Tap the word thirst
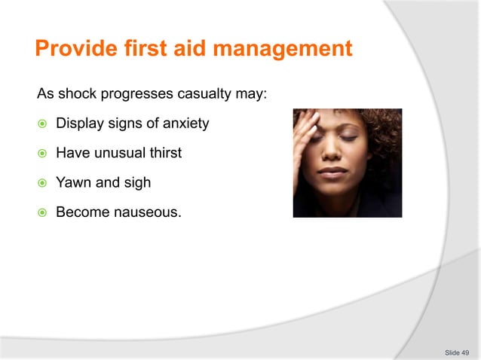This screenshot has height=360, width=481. (x=166, y=153)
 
